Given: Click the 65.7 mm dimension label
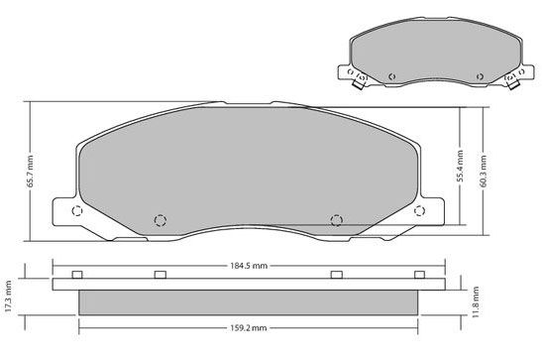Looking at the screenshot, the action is [x=31, y=172].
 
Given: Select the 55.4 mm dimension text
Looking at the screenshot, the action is [x=460, y=167].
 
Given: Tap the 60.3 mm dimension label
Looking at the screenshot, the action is [x=484, y=172].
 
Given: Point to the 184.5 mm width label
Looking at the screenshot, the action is [x=249, y=266].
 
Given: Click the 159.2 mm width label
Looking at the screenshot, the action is [x=249, y=327].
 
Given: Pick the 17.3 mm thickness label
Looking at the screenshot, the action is [x=9, y=296].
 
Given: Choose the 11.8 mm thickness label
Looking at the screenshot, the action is [x=476, y=301].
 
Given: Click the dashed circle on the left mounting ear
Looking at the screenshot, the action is [x=76, y=210].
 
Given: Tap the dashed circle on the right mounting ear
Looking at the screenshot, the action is [x=420, y=210].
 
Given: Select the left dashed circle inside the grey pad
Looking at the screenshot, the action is [x=161, y=220].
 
